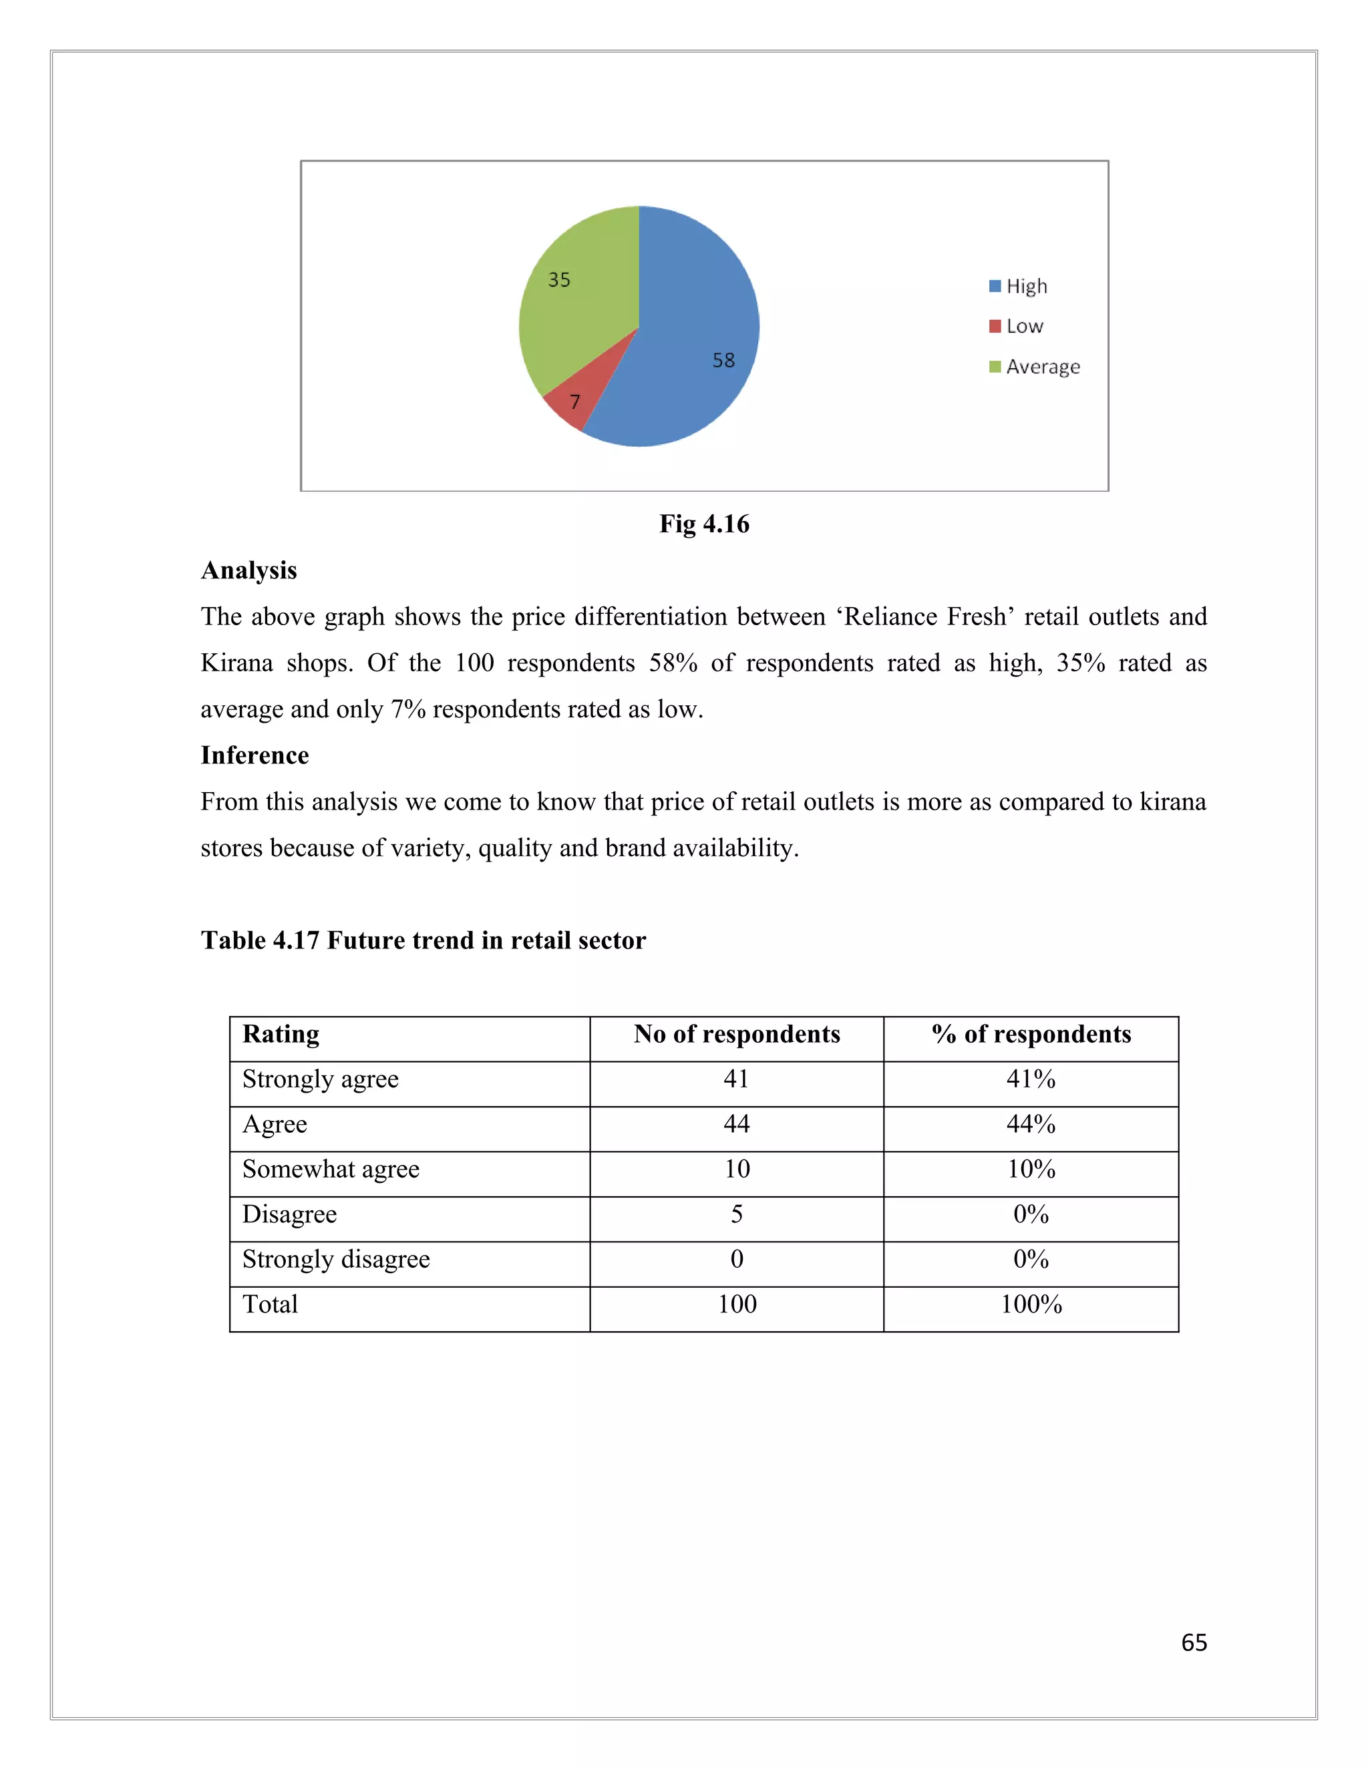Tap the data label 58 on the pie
[x=723, y=361]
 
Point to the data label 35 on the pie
[x=559, y=281]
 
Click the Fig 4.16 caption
[x=704, y=524]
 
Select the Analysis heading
[x=248, y=570]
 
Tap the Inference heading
[x=254, y=755]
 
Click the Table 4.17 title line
[x=423, y=940]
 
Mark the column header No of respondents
[x=737, y=1034]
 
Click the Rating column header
[x=281, y=1034]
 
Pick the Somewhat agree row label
[x=331, y=1170]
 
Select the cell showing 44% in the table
[x=1031, y=1124]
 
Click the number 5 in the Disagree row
[x=737, y=1214]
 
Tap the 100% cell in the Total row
[x=1031, y=1304]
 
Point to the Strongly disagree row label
[x=335, y=1260]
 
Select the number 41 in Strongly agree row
[x=737, y=1079]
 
